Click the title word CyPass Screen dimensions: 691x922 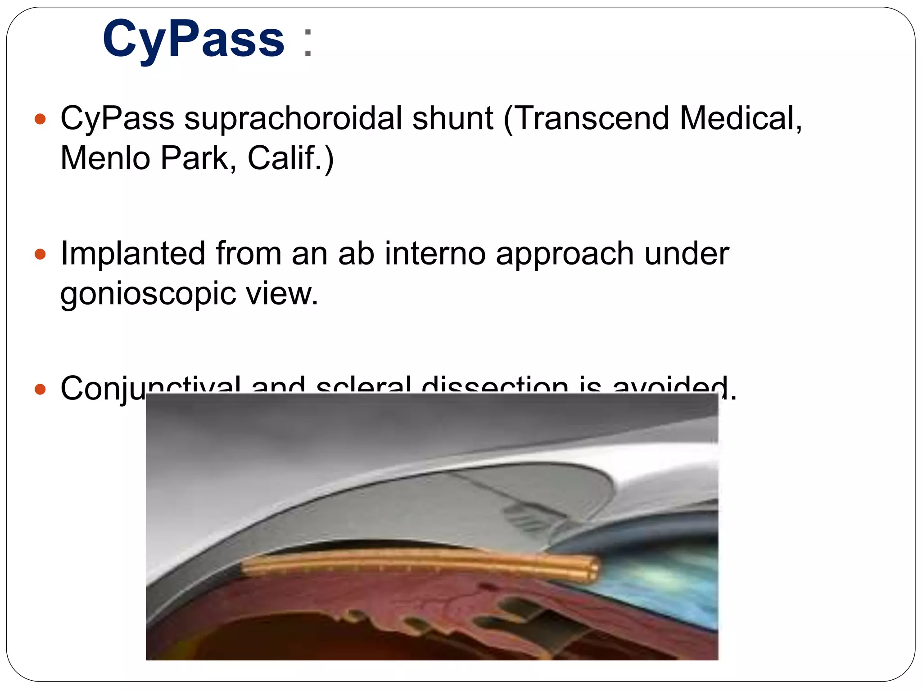point(194,40)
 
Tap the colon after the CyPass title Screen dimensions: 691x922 point(308,43)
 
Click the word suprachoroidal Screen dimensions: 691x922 point(293,119)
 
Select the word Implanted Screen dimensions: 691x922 point(133,254)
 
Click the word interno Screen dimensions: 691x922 point(435,254)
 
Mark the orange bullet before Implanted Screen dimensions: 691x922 point(41,254)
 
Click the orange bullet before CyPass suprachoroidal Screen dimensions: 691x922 point(41,119)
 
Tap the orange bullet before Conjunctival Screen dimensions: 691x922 point(41,389)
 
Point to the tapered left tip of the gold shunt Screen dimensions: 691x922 point(245,566)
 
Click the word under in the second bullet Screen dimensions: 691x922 point(686,254)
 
